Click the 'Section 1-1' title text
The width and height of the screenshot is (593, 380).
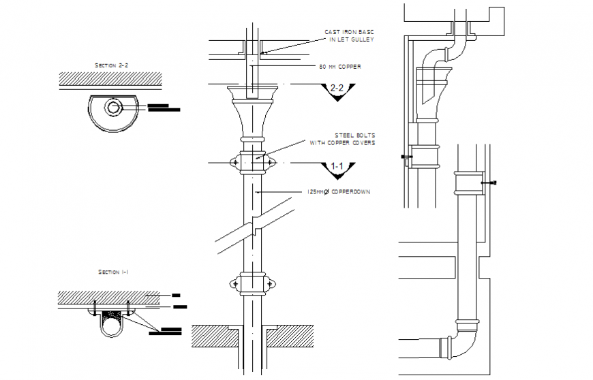114,272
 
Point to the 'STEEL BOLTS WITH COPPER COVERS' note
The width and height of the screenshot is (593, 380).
342,139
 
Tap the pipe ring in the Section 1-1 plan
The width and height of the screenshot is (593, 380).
112,326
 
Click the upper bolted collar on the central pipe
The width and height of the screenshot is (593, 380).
254,163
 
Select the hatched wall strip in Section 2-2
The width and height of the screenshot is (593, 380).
113,78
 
